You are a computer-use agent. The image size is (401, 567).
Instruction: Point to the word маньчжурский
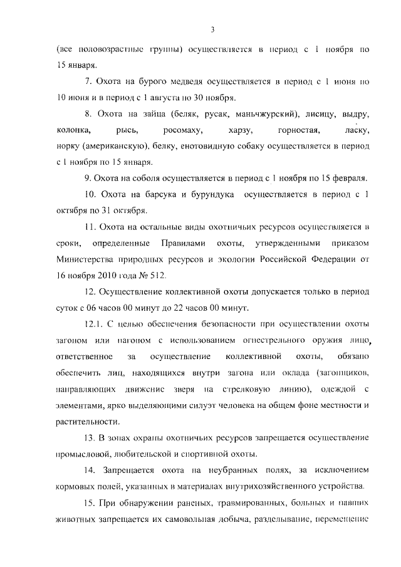[x=259, y=114]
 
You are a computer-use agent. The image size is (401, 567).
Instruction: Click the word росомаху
[x=181, y=130]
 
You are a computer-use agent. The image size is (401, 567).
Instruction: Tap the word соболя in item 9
[x=147, y=177]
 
